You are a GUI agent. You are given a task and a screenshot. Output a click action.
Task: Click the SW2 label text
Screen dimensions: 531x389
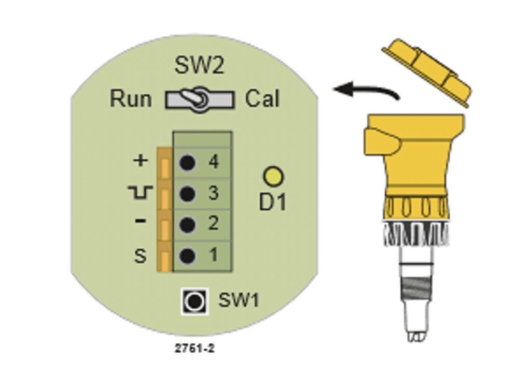(199, 65)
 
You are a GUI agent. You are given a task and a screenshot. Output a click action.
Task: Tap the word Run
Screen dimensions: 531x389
(131, 99)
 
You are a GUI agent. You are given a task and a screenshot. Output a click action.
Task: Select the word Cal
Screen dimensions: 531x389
(262, 99)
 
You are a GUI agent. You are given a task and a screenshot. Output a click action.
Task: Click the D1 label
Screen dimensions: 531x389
(273, 202)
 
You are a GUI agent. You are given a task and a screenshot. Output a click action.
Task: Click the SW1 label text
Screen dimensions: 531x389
(239, 300)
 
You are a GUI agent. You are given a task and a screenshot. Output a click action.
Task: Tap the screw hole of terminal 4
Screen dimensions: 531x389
(187, 163)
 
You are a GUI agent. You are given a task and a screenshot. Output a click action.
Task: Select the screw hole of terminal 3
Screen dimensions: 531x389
(187, 194)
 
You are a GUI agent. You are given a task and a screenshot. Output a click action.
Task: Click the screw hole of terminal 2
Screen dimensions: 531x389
(187, 225)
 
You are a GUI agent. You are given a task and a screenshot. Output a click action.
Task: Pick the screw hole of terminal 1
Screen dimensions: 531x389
(187, 256)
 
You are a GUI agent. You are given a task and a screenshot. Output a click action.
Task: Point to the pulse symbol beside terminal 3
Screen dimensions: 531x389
(140, 192)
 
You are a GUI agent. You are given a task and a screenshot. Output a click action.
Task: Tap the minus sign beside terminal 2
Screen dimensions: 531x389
(140, 221)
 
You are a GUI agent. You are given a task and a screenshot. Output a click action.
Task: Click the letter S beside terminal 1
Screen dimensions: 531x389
(140, 256)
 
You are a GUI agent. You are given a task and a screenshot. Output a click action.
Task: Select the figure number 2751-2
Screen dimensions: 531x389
(194, 348)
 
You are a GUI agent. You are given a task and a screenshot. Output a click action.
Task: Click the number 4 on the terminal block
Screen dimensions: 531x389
(213, 162)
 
